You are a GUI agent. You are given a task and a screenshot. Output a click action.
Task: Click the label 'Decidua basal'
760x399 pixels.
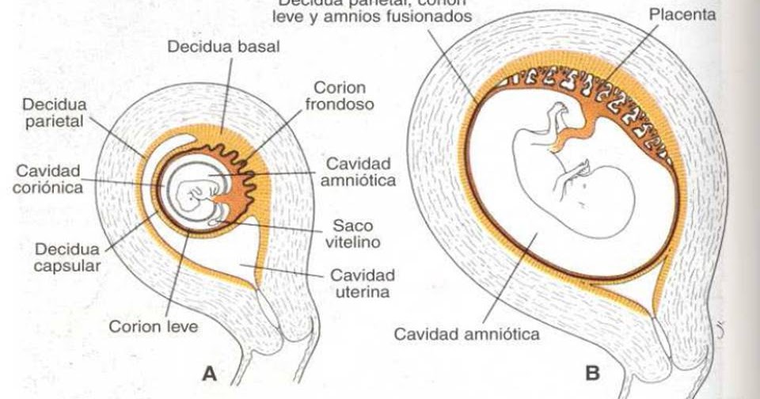(x=222, y=47)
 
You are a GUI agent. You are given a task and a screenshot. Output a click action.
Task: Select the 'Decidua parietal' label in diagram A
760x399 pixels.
(x=55, y=114)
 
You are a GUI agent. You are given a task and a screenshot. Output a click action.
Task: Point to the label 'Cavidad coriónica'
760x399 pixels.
(x=47, y=179)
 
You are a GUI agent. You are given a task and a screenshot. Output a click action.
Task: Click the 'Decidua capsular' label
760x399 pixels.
(x=66, y=256)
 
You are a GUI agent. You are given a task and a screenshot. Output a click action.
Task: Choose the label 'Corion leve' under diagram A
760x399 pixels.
(x=153, y=326)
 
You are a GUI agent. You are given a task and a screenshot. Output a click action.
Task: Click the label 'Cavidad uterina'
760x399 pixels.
(x=362, y=283)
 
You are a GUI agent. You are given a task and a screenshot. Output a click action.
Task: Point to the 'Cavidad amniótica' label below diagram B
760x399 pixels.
(x=466, y=333)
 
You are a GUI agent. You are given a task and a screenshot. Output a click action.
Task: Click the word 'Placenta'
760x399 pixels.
(x=683, y=14)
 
